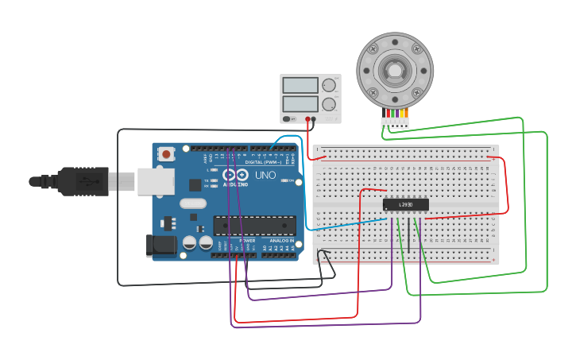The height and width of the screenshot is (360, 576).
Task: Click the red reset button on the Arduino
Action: point(166,153)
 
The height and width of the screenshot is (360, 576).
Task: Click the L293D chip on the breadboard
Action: point(405,205)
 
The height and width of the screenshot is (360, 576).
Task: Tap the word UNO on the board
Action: point(265,175)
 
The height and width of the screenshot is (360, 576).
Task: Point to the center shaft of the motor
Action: point(394,70)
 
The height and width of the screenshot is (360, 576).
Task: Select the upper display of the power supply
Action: point(300,85)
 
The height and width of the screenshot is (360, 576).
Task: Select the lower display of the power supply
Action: point(300,103)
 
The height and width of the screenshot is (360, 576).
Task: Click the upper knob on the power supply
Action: point(329,85)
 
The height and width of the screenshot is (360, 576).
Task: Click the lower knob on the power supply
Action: point(329,103)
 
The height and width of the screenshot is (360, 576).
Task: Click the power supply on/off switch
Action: point(289,119)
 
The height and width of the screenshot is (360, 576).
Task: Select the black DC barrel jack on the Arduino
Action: point(161,246)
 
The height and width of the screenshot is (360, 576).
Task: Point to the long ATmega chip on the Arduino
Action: point(254,226)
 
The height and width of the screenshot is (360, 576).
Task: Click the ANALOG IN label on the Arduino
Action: point(281,240)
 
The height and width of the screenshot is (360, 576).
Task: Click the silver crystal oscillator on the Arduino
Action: point(192,203)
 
